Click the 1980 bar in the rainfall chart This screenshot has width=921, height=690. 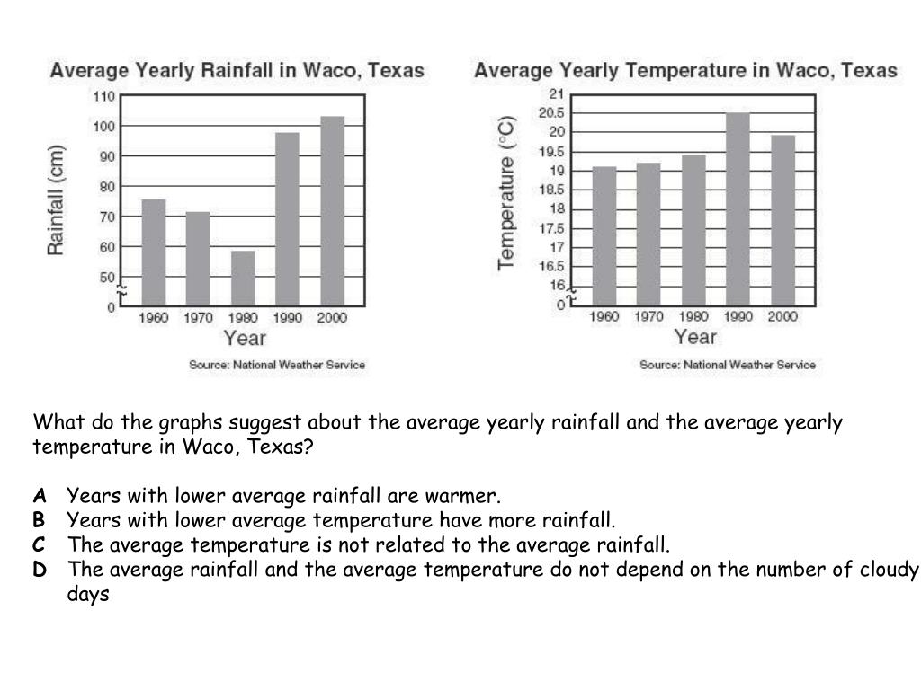(x=243, y=279)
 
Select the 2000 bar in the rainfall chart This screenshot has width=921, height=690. (x=332, y=211)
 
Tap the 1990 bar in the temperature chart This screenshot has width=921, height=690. (x=738, y=208)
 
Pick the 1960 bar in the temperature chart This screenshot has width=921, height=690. (x=604, y=235)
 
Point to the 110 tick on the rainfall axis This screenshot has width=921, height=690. (x=104, y=96)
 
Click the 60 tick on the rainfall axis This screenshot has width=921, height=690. (x=107, y=247)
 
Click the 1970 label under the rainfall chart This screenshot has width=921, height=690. (x=198, y=318)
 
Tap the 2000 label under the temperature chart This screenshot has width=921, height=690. (x=782, y=316)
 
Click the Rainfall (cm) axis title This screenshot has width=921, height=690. (x=57, y=199)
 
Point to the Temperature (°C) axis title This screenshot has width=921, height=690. (x=507, y=192)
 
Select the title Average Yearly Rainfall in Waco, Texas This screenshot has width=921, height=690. (x=237, y=70)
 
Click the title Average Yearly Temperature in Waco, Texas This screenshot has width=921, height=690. (x=685, y=70)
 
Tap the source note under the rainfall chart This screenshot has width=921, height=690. (x=277, y=365)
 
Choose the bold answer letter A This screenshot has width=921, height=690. (x=40, y=496)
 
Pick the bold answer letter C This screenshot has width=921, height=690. (x=40, y=544)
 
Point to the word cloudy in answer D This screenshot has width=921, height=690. (x=889, y=570)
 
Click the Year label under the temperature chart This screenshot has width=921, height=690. (x=695, y=337)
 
